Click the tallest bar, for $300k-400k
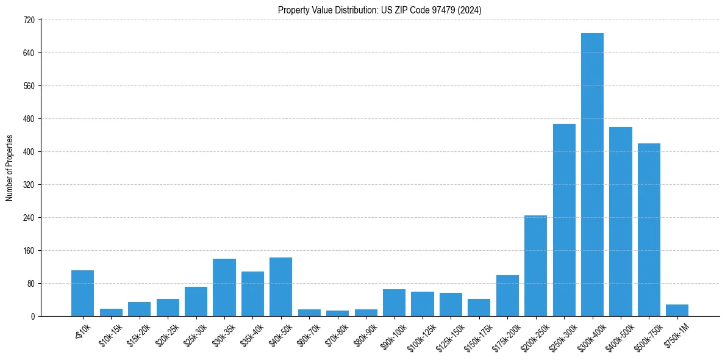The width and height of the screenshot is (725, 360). click(592, 175)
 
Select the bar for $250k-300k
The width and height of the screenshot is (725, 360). click(564, 220)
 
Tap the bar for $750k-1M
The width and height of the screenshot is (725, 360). click(677, 310)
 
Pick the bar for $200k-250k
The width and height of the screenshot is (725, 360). click(535, 265)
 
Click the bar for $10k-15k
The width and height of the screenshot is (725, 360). click(111, 312)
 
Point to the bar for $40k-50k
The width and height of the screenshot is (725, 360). click(280, 287)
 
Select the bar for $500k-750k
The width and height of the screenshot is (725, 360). click(649, 229)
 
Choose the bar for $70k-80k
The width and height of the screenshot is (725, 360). click(337, 313)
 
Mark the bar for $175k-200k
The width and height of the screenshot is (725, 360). click(507, 295)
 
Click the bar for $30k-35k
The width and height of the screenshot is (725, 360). click(224, 287)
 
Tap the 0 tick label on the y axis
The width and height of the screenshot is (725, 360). click(34, 316)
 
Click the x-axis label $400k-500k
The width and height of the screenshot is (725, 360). click(617, 338)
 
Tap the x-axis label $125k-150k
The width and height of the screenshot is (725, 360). click(446, 339)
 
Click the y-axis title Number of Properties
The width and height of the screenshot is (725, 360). click(9, 168)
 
